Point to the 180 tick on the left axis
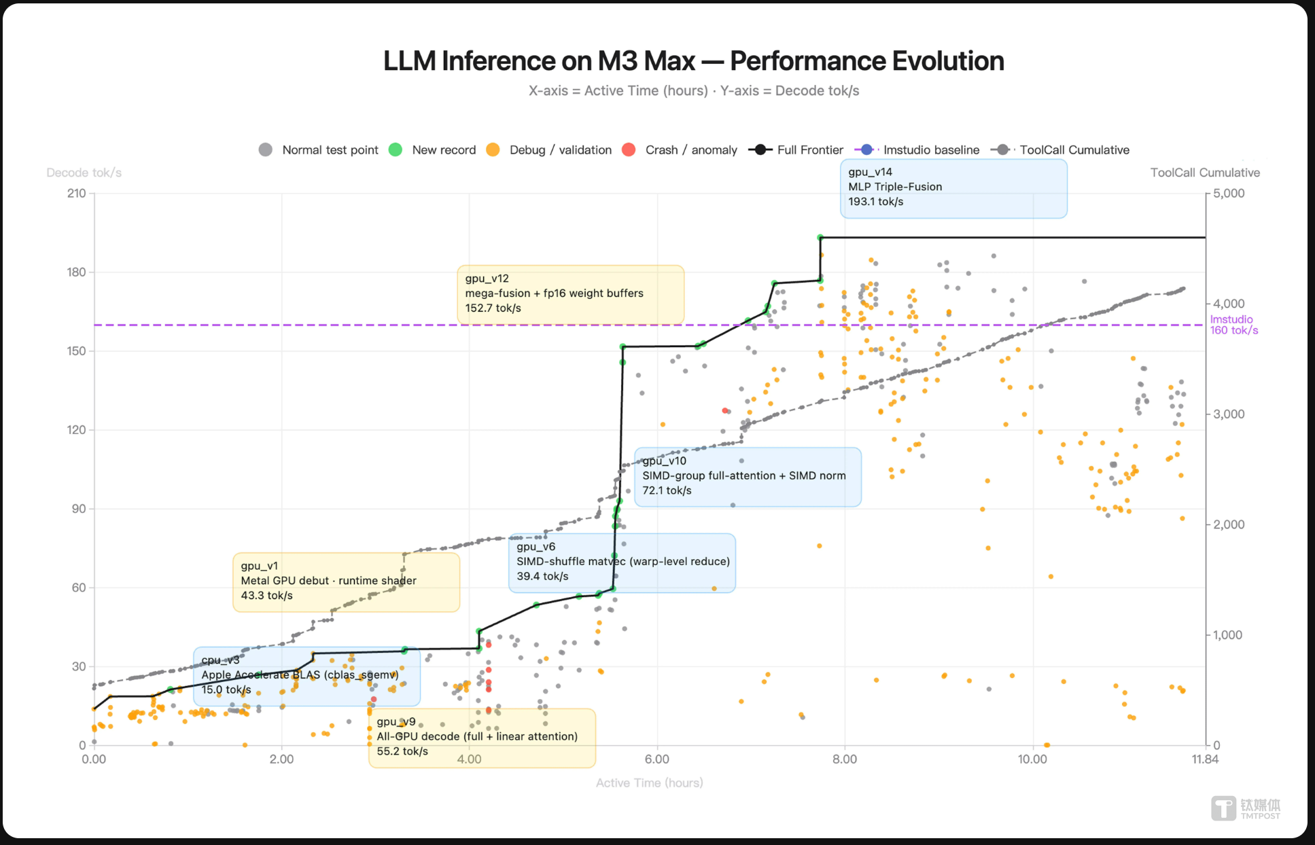point(76,272)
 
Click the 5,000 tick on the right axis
point(1229,194)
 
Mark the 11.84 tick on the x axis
point(1205,759)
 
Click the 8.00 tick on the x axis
point(845,759)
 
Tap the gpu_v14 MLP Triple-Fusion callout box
point(953,188)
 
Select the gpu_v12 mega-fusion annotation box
point(570,294)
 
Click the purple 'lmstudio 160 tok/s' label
point(1233,325)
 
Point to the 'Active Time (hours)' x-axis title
point(649,783)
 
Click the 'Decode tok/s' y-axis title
point(84,173)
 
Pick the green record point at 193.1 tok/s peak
point(820,238)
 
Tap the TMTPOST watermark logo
point(1245,808)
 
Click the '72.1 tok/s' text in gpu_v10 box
point(667,491)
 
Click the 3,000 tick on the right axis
point(1229,414)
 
